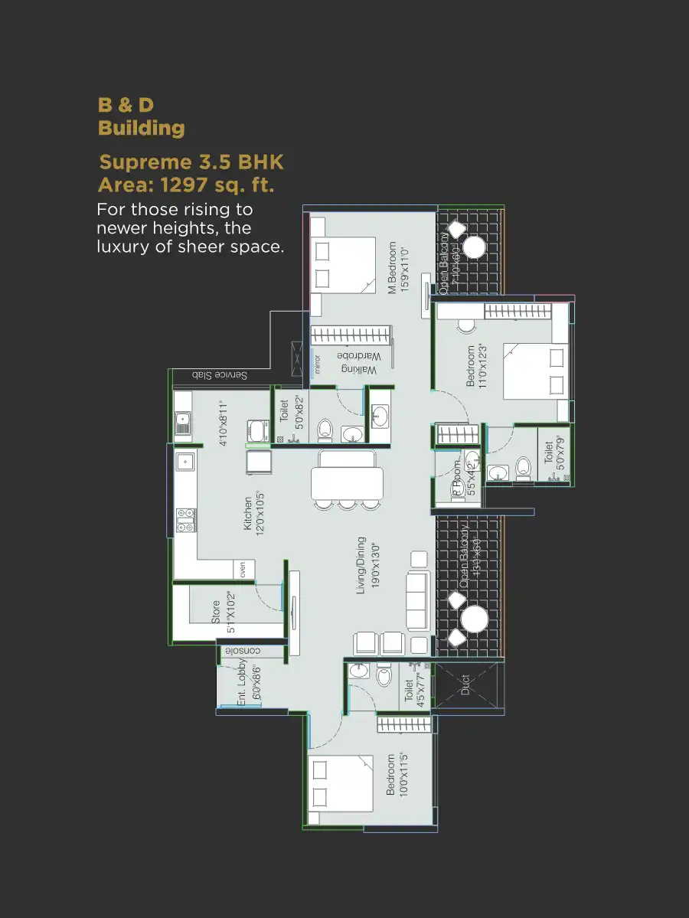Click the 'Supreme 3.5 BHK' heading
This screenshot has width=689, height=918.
click(x=191, y=162)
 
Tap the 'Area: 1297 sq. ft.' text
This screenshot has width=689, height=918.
click(x=186, y=185)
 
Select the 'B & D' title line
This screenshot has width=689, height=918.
click(x=126, y=105)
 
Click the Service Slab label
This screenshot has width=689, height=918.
click(x=219, y=375)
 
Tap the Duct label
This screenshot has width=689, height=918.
click(x=465, y=685)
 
